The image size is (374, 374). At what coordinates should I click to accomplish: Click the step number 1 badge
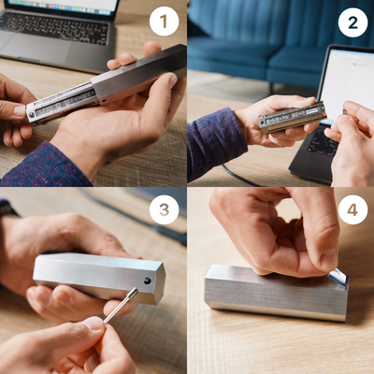point(165,22)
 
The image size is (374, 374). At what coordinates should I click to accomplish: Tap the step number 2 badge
point(352,22)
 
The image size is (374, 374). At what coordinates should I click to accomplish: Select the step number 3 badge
point(165,209)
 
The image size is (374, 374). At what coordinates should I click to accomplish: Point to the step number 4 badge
point(352,209)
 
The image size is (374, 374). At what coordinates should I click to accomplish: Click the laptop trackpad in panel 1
point(37,47)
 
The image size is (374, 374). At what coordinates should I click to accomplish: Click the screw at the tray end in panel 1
point(31,115)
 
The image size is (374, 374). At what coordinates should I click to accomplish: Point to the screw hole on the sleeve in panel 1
point(104,101)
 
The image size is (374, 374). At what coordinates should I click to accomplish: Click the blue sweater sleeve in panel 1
point(44,166)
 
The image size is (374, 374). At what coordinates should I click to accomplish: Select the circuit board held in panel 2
point(293,117)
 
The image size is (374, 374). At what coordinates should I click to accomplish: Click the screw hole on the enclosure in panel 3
point(148,281)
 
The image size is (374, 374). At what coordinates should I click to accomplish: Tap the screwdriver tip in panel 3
point(134,292)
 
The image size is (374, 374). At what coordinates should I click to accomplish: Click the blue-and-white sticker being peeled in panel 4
point(338,278)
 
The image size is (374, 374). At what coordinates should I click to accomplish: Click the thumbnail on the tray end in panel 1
point(20,111)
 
